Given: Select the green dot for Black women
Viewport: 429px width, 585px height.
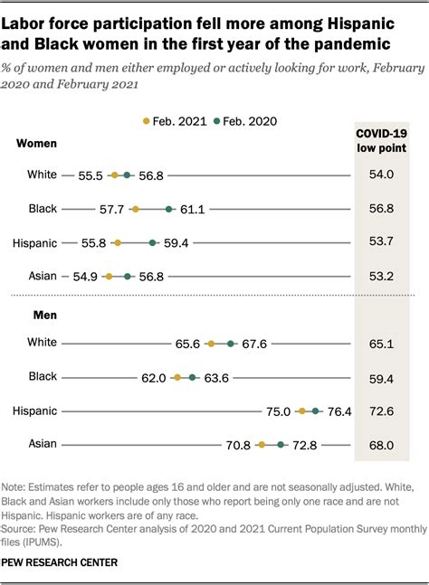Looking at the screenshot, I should (x=169, y=209).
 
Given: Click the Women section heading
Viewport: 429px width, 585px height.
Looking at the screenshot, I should (x=36, y=143).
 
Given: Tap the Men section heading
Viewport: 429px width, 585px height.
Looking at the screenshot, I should (x=30, y=315).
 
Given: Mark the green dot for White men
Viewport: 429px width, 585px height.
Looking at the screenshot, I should (x=231, y=344).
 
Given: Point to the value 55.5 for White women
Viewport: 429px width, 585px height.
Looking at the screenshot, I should (x=91, y=175).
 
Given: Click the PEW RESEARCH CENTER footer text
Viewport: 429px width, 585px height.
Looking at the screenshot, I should (x=60, y=561).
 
